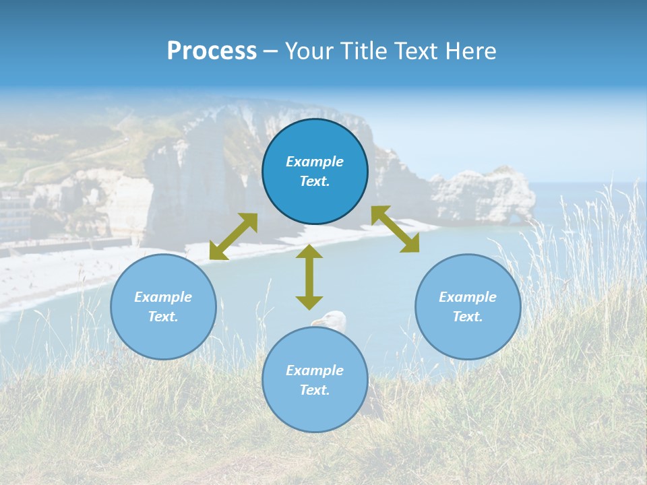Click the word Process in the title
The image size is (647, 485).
tap(212, 51)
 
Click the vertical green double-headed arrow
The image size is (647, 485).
tap(309, 277)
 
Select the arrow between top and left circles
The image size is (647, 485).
tap(233, 236)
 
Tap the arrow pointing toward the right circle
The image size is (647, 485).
tap(396, 229)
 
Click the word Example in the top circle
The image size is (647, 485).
tap(315, 162)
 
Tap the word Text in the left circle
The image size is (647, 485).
tap(163, 317)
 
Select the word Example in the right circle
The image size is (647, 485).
tap(468, 297)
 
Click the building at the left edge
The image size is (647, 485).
tap(13, 212)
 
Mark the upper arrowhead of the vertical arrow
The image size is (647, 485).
tap(309, 252)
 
